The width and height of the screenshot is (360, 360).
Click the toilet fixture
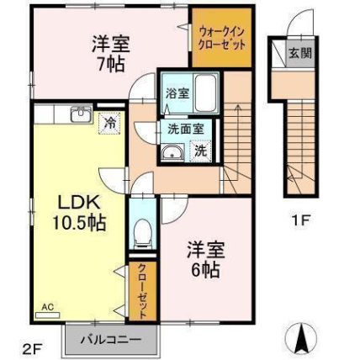point(143,233)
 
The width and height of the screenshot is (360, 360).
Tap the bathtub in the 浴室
point(205,93)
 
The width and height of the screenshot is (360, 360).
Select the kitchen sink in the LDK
point(82,114)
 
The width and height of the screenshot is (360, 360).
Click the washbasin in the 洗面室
point(172,153)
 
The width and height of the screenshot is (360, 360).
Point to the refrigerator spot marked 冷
point(109,124)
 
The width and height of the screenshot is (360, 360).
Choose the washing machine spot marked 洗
point(201,151)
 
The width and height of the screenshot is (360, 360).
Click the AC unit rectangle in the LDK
point(48,315)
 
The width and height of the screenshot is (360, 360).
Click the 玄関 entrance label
point(300,53)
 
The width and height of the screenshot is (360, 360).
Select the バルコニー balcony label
point(111,341)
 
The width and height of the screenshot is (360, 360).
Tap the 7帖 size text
point(111,65)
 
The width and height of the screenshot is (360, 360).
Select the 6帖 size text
point(205,270)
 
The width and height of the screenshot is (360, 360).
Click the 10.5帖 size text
point(79,223)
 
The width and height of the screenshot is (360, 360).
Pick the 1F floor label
point(300,220)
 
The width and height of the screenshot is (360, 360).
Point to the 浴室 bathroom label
point(177,93)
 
